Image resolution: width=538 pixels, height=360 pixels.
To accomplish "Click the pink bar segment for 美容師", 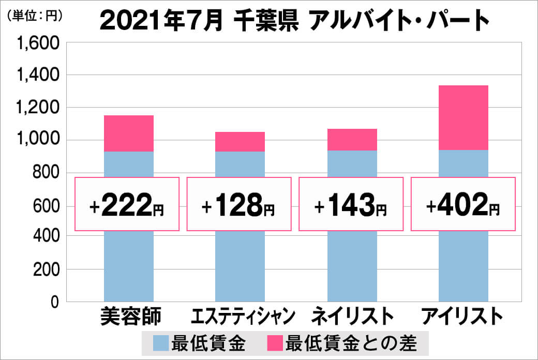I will click(x=129, y=133).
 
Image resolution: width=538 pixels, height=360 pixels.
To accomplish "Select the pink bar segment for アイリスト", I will click(x=464, y=117).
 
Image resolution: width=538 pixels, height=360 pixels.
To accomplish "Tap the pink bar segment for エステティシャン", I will click(x=240, y=142).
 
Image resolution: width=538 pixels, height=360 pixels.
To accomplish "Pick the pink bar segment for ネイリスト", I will click(x=352, y=140).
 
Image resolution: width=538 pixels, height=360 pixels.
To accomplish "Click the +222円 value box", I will click(x=127, y=204).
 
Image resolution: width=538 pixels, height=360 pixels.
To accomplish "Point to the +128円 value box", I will click(x=239, y=204).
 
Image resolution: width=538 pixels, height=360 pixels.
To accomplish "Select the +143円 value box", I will click(x=351, y=204).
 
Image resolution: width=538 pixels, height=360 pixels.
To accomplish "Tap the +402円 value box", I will click(x=463, y=204).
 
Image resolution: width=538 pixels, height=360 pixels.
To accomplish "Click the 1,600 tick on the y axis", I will click(x=40, y=43).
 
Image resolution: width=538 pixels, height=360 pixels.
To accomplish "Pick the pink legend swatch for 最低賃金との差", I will click(x=275, y=343).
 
